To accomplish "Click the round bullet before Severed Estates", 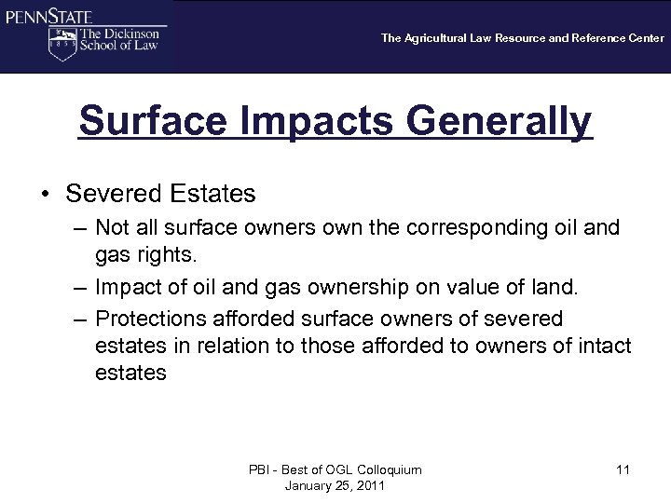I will [x=44, y=194].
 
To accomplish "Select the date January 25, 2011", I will [x=335, y=486].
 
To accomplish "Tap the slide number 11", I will [x=623, y=469].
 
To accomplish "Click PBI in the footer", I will [x=259, y=469].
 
